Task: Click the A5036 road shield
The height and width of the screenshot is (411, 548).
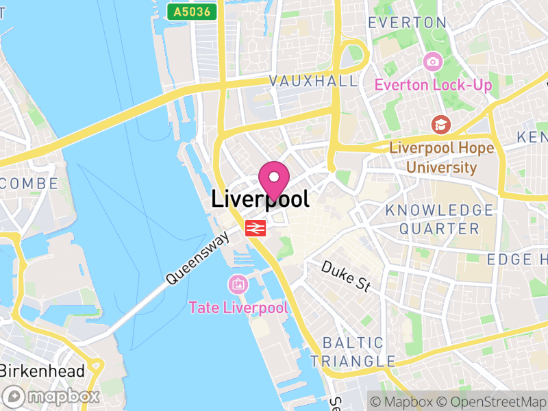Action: click(192, 11)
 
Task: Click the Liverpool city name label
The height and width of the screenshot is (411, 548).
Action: click(260, 199)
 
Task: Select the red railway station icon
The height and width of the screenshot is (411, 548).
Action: click(256, 228)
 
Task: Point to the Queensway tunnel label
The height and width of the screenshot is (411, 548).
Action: click(197, 258)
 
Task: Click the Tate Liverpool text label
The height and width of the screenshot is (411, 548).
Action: click(238, 307)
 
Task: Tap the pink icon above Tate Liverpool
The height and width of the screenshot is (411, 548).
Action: click(238, 284)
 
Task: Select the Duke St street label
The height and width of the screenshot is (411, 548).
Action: click(345, 275)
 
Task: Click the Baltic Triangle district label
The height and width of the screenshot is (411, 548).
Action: click(352, 351)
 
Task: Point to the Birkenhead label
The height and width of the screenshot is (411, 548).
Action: click(42, 371)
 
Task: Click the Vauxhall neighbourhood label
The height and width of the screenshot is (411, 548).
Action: click(313, 81)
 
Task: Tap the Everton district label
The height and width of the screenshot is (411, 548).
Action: click(407, 22)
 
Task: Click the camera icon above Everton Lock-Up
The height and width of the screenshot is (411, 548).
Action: click(432, 62)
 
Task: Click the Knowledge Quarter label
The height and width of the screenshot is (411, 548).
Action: click(439, 219)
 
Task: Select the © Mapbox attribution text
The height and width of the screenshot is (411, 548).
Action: click(403, 401)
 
